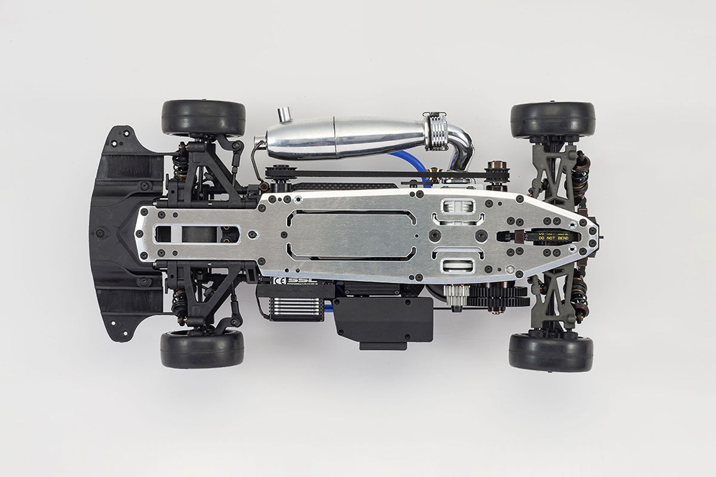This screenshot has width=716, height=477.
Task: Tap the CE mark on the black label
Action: click(278, 279)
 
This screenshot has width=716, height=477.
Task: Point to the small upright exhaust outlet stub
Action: click(285, 115)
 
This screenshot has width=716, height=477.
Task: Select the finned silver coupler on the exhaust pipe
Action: click(437, 131)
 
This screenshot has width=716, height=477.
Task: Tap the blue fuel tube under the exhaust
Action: click(412, 160)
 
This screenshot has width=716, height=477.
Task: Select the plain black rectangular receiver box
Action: click(382, 319)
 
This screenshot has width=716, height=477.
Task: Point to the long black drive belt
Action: click(382, 174)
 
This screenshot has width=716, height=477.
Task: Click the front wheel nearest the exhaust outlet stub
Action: click(204, 118)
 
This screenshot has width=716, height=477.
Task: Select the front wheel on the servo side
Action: click(202, 349)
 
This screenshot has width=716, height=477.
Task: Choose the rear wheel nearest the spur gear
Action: click(551, 352)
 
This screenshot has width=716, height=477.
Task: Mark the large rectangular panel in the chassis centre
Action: click(351, 235)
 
